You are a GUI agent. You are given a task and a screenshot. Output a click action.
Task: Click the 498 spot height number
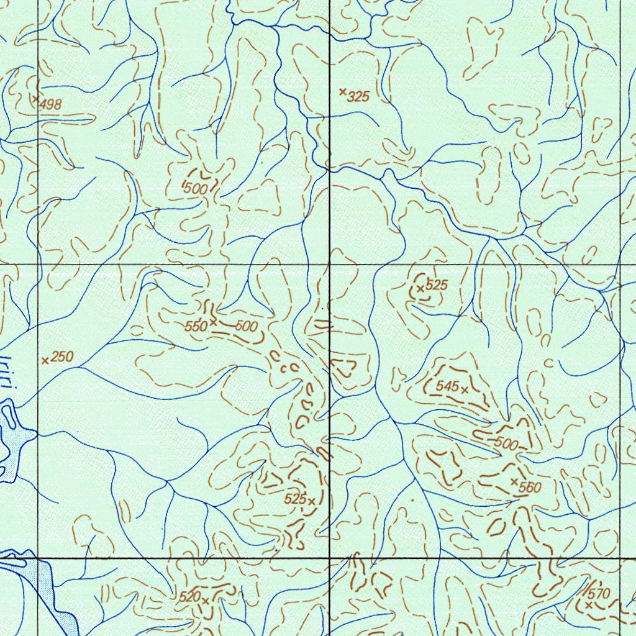pos(51,105)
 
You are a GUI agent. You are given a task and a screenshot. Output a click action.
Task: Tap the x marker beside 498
pos(35,98)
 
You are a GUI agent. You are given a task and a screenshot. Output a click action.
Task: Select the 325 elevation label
pos(358,97)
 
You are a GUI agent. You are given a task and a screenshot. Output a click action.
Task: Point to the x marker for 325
pos(342,91)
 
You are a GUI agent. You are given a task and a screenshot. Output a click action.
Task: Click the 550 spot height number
pos(196,326)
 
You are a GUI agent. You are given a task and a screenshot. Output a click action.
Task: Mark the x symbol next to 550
pos(213,322)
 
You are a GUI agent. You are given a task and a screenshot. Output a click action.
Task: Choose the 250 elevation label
pos(62,357)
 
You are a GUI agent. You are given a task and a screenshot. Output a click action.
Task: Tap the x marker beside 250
pos(45,360)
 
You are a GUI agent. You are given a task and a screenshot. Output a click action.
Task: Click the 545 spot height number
pos(447,386)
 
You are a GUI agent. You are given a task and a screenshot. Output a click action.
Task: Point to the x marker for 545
pos(465,389)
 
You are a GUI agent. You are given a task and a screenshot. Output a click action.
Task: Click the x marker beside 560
pos(514,482)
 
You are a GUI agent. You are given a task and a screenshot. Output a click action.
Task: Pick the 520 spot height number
pos(189,597)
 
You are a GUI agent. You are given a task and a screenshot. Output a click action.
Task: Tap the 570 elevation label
pos(599,593)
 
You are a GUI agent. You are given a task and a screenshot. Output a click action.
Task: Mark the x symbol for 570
pos(588,604)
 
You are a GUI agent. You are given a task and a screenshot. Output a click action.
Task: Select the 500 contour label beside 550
pos(245,326)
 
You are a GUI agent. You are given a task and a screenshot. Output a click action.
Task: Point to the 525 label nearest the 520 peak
pos(295,499)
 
